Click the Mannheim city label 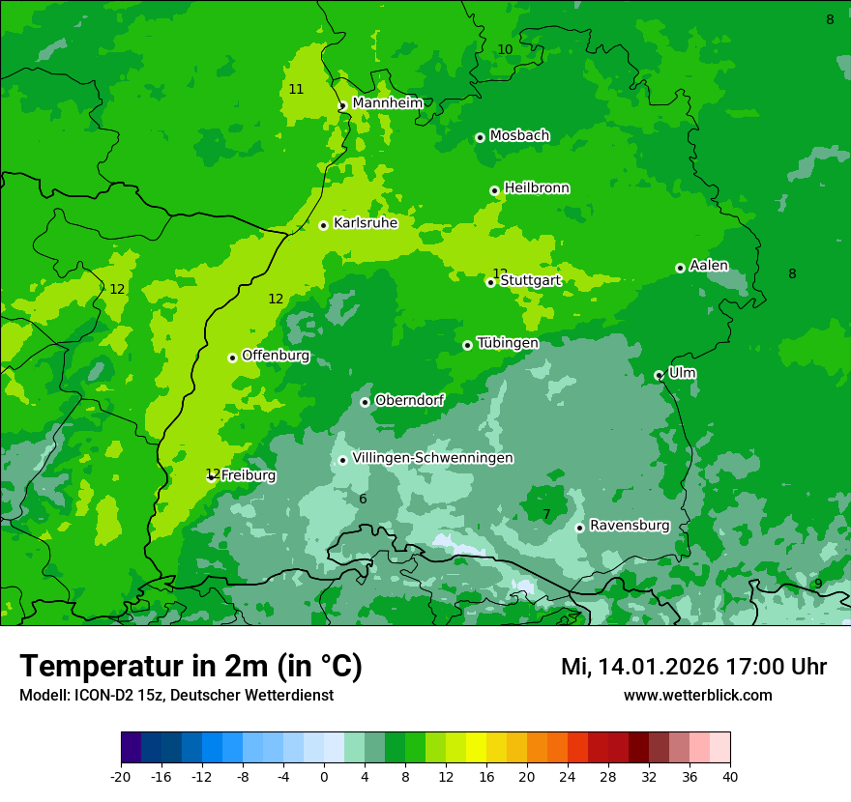pyautogui.click(x=387, y=102)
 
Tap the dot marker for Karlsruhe pyautogui.click(x=323, y=225)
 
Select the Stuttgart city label pyautogui.click(x=530, y=281)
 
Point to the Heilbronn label pyautogui.click(x=537, y=187)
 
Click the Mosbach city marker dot pyautogui.click(x=480, y=137)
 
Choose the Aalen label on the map pyautogui.click(x=709, y=266)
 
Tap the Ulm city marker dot pyautogui.click(x=659, y=375)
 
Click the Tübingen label pyautogui.click(x=508, y=343)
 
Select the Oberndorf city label pyautogui.click(x=409, y=400)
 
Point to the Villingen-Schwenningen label pyautogui.click(x=432, y=458)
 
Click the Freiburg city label pyautogui.click(x=249, y=475)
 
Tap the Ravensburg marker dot pyautogui.click(x=579, y=528)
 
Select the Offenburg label pyautogui.click(x=276, y=356)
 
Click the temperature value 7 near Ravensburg pyautogui.click(x=546, y=514)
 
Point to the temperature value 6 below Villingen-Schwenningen pyautogui.click(x=363, y=499)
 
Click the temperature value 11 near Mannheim pyautogui.click(x=296, y=89)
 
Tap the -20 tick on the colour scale pyautogui.click(x=121, y=776)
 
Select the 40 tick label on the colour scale pyautogui.click(x=730, y=776)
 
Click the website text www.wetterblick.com pyautogui.click(x=697, y=695)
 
